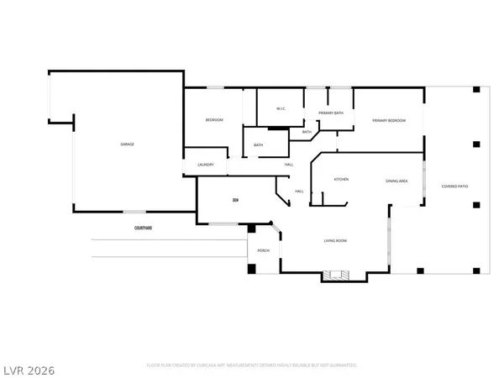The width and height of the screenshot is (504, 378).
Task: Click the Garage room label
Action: click(x=127, y=144)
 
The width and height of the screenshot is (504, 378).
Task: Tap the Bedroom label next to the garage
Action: click(x=214, y=121)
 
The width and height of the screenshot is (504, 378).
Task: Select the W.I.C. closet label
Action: click(x=282, y=109)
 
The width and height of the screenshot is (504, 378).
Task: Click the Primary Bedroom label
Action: click(x=389, y=121)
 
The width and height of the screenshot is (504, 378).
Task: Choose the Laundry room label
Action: click(x=206, y=165)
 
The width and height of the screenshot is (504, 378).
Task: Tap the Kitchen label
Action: click(x=342, y=180)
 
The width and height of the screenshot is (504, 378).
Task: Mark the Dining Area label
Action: click(x=396, y=181)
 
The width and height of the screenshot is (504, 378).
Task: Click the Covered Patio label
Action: click(x=455, y=186)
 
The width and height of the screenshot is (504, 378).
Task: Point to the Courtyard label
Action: click(x=143, y=228)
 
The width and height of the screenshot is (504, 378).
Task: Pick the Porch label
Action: click(x=263, y=250)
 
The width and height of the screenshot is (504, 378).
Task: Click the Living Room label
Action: click(x=336, y=242)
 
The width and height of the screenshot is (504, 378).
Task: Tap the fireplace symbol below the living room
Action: click(x=339, y=273)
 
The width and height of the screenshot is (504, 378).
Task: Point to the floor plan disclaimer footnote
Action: click(x=252, y=365)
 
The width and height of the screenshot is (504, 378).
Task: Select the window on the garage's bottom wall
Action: click(x=133, y=211)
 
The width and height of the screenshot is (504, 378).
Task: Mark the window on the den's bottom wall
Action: click(x=223, y=223)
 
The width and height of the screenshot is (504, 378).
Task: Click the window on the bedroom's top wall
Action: click(x=215, y=87)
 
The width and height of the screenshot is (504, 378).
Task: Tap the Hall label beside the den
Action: click(x=299, y=192)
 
